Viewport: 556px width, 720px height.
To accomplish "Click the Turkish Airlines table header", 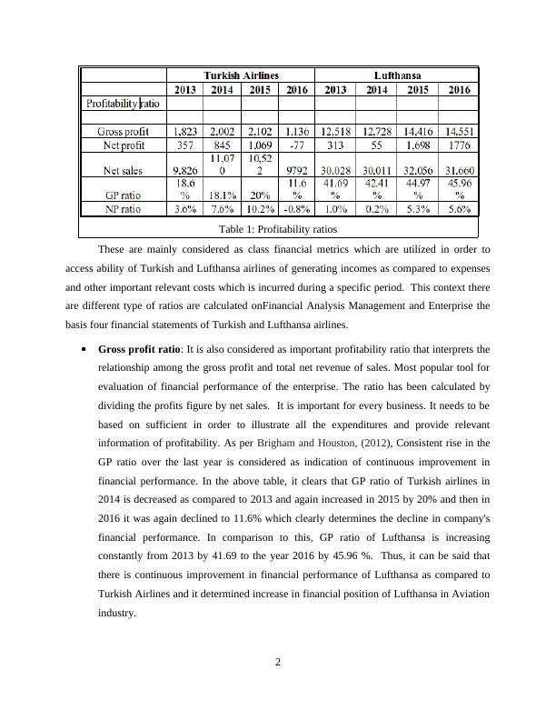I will (241, 75).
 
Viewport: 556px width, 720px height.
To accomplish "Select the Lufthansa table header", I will (397, 75).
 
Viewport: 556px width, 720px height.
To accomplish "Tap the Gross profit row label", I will (124, 131).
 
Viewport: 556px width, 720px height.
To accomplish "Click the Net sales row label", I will (124, 169).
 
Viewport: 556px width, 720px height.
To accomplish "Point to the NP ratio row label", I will (124, 208).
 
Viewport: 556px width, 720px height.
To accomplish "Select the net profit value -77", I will (295, 144).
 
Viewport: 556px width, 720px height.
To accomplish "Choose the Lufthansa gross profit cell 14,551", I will (459, 131).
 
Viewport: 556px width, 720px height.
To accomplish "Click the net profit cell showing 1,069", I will (260, 144).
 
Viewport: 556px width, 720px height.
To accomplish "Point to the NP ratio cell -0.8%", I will (295, 208).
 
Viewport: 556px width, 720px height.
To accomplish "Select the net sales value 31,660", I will (459, 169).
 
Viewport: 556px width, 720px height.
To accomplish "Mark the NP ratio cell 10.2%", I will (260, 208).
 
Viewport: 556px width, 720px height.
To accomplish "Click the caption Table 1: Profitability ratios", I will (277, 229).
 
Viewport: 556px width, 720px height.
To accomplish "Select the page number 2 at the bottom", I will (278, 662).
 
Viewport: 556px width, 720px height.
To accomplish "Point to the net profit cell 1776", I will (459, 144).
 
